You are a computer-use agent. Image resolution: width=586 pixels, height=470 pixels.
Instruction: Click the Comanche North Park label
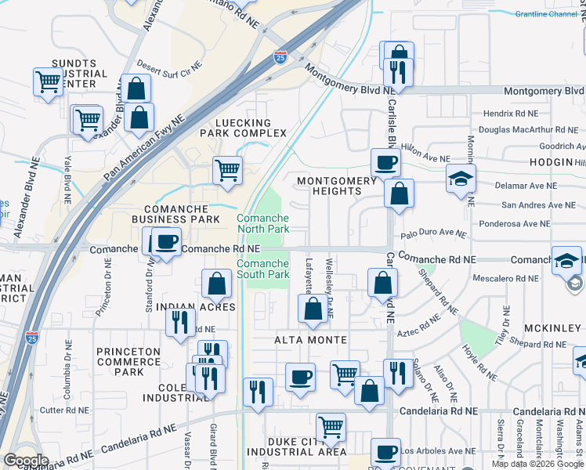pos(263,223)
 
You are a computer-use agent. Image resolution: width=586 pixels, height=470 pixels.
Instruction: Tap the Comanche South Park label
pos(263,269)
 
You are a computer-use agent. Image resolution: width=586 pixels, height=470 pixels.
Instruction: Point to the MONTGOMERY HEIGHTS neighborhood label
pos(337,186)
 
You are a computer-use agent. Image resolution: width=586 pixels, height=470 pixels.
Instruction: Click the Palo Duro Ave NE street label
pos(433,233)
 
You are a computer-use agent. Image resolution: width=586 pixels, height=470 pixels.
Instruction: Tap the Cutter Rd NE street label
pos(63,410)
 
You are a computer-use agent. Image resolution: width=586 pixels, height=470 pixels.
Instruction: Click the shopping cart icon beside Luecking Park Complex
pos(227,169)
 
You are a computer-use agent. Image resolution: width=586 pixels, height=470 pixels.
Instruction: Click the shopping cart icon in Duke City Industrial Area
pos(331,427)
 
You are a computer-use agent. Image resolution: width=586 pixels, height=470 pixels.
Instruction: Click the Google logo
pos(25,461)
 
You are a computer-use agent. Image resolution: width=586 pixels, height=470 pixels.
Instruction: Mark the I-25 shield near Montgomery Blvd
pos(280,56)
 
